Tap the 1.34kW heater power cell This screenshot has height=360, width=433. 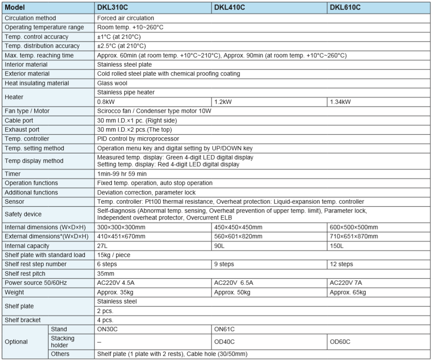(x=340, y=102)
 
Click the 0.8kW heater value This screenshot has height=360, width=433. (x=106, y=102)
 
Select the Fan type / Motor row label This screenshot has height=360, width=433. (x=27, y=111)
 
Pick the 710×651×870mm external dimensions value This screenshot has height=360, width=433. (x=354, y=236)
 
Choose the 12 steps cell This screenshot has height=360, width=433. (x=342, y=264)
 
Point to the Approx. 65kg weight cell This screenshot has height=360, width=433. (x=348, y=292)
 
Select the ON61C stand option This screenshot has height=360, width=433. (x=225, y=329)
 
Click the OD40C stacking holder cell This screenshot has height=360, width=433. (x=225, y=342)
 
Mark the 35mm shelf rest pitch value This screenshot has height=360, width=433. (x=106, y=274)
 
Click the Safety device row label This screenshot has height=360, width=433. (x=23, y=214)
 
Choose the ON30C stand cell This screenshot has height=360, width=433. (x=107, y=329)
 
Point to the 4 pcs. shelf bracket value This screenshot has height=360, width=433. (x=106, y=320)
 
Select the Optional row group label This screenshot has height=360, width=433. (x=16, y=342)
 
